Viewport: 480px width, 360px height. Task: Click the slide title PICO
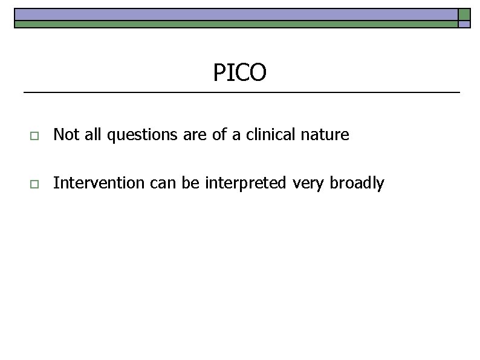coord(239,73)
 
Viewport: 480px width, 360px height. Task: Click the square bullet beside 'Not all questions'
coord(33,136)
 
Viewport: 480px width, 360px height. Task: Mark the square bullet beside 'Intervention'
coord(33,184)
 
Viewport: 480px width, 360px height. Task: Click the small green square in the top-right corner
coord(464,14)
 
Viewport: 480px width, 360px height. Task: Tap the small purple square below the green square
coord(464,25)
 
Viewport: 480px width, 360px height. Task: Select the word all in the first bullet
coord(92,135)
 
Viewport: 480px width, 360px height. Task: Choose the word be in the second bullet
coord(190,183)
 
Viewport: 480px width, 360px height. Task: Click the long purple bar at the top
coord(236,14)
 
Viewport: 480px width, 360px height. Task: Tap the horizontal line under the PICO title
coord(241,92)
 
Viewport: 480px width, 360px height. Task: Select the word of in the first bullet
coord(218,135)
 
